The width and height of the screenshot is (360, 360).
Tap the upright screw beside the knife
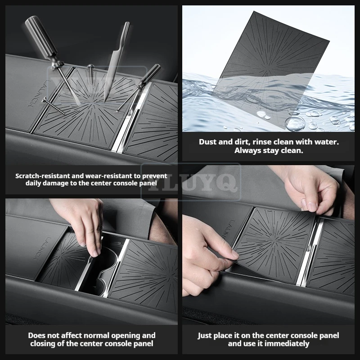pos(91,74)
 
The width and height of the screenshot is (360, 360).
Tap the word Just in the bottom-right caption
pos(204,336)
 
